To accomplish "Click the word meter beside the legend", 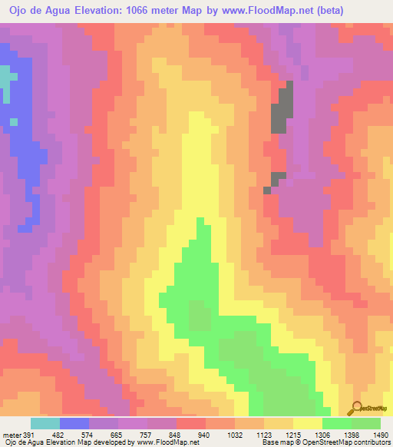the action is click(12, 433).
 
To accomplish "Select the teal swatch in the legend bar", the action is click(45, 423).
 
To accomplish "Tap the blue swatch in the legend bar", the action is click(74, 423).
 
